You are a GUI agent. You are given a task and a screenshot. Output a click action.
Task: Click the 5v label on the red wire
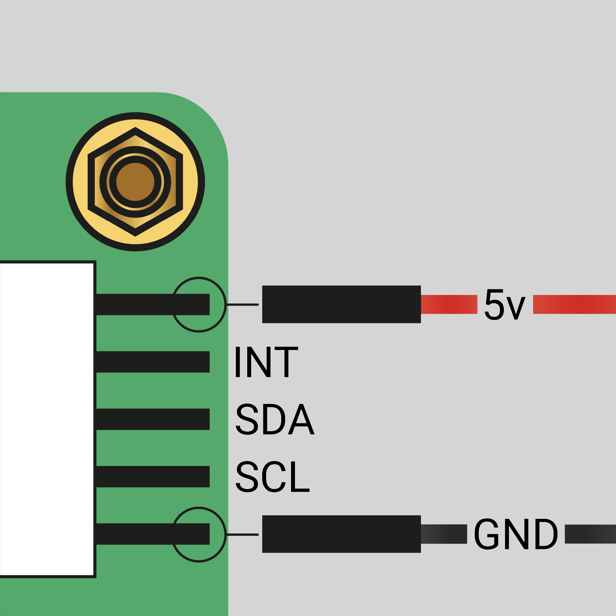pos(505,304)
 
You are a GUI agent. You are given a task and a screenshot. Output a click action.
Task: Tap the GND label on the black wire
pos(516,534)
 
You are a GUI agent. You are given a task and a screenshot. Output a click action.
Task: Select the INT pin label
pos(266,362)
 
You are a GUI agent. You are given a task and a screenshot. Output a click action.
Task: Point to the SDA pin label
pos(274,419)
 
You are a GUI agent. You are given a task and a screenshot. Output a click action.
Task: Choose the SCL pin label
pos(272,477)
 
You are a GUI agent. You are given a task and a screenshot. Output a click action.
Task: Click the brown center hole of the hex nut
pos(135,182)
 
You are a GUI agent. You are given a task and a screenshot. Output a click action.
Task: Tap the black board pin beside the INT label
pos(152,362)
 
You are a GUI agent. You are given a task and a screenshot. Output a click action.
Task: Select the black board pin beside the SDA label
pos(152,419)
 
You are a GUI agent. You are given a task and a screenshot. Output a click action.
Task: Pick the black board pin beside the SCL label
pos(152,477)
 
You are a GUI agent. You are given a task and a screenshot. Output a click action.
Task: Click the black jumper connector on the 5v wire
pos(341,304)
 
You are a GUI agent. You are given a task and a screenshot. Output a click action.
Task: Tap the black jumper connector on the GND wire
pos(341,534)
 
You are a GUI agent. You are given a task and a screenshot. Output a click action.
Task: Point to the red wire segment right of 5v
pos(574,304)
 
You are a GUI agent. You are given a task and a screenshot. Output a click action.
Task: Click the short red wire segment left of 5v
pos(449,304)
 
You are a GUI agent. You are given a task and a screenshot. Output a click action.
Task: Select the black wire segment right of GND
pos(590,534)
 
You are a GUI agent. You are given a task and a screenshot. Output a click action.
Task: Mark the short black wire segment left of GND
pos(444,534)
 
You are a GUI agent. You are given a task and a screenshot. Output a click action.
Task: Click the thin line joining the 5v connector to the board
pos(242,304)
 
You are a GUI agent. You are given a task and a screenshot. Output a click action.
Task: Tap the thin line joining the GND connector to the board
pos(242,534)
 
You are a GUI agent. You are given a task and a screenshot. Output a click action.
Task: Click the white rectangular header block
pos(47,419)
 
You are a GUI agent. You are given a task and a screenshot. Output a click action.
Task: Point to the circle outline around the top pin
pos(199,278)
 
